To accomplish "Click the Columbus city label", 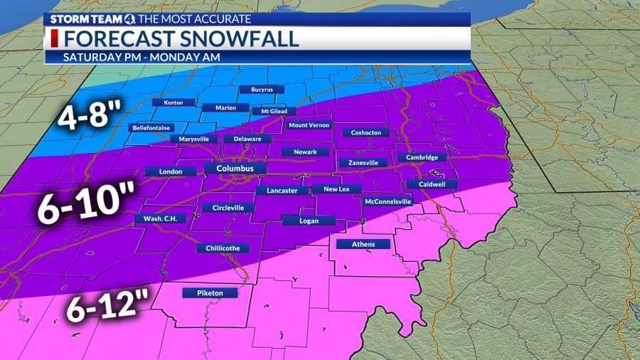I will tap(235, 169).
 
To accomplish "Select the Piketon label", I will tap(208, 292).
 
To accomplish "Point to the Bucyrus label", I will tap(261, 90).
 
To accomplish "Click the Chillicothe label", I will tap(223, 248).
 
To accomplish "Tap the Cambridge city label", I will tap(422, 157).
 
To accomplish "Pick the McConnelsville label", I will tap(388, 201).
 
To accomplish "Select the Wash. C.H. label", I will tap(160, 218).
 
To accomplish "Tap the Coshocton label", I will tap(366, 132).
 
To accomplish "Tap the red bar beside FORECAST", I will tap(53, 38).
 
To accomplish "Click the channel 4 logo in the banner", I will tap(130, 18).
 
